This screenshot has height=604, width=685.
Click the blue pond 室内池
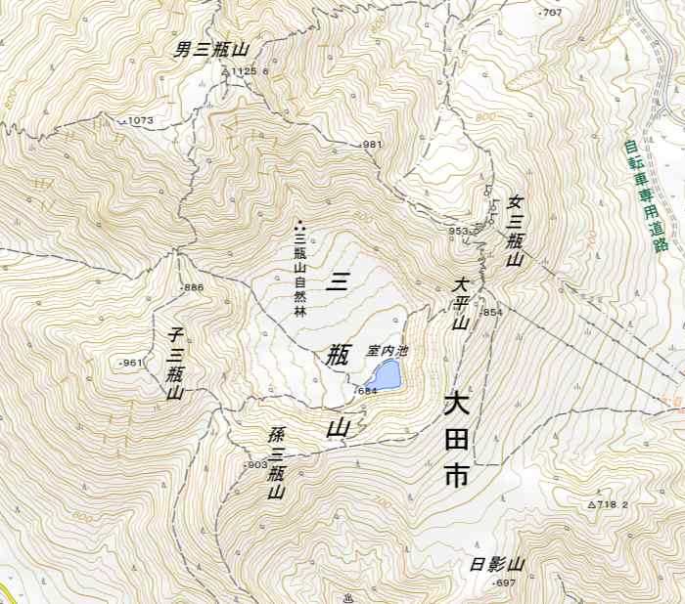(385, 374)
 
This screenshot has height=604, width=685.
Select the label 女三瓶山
(513, 232)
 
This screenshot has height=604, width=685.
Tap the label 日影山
(497, 565)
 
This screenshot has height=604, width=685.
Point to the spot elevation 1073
(139, 121)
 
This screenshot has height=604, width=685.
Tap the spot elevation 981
(371, 145)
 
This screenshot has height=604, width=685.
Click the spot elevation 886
(192, 287)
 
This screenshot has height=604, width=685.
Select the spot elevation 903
(255, 464)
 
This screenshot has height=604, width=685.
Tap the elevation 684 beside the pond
(366, 391)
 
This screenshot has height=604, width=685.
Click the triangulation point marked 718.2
(608, 504)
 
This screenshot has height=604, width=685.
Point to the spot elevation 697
(504, 583)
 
